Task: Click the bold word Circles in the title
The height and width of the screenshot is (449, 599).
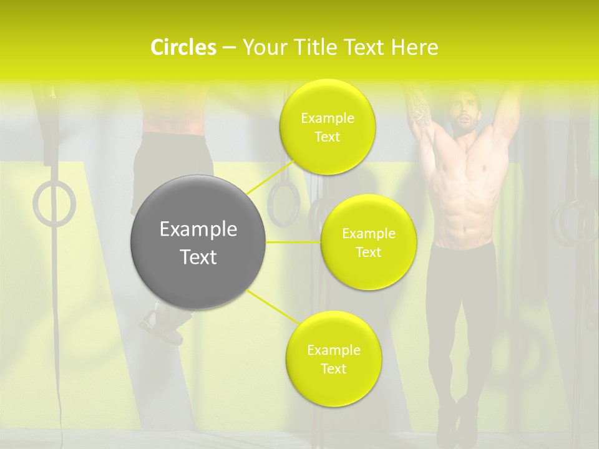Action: (183, 47)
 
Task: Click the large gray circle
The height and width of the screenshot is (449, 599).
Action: (198, 242)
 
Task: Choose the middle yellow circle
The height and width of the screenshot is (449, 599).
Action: (369, 242)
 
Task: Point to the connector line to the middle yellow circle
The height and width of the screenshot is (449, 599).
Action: (293, 242)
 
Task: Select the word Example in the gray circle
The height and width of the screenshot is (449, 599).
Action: (198, 229)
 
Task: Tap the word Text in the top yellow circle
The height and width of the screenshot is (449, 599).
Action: (327, 137)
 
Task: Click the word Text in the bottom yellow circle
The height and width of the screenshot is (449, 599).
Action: (333, 369)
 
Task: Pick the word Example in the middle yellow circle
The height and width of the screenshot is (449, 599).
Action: (369, 234)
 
